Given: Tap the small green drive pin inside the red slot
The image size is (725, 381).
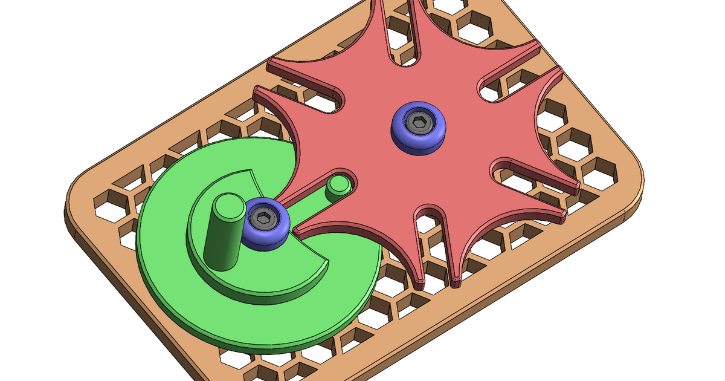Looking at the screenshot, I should pyautogui.click(x=338, y=189).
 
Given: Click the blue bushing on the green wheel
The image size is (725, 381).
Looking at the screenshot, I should pyautogui.click(x=265, y=224).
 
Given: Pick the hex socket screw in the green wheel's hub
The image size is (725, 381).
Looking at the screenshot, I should pyautogui.click(x=263, y=217).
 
